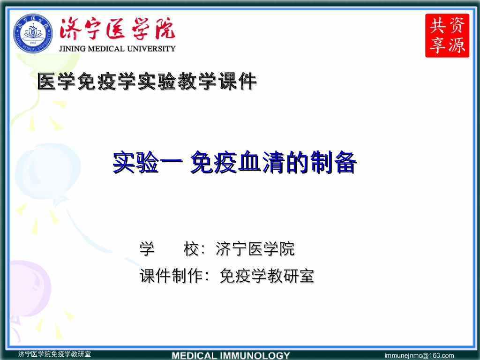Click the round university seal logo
pyautogui.click(x=33, y=34)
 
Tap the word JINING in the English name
pyautogui.click(x=73, y=48)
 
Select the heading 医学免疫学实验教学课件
pyautogui.click(x=147, y=82)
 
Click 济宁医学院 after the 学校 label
pyautogui.click(x=255, y=249)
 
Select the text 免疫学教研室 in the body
pyautogui.click(x=267, y=276)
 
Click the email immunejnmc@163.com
pyautogui.click(x=419, y=355)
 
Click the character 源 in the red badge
pyautogui.click(x=457, y=45)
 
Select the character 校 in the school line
pyautogui.click(x=192, y=249)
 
